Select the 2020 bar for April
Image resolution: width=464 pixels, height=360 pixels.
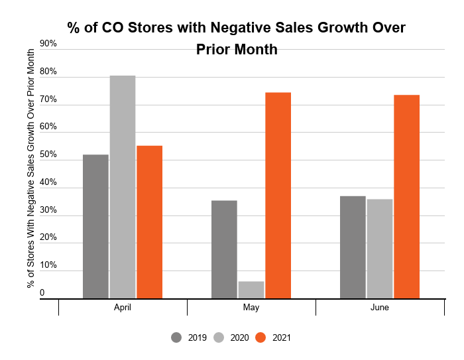pyautogui.click(x=123, y=187)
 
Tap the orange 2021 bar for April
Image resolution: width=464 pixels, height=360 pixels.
pyautogui.click(x=149, y=222)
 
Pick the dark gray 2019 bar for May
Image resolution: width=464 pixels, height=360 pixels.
pyautogui.click(x=224, y=249)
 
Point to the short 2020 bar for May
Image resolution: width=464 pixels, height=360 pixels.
pyautogui.click(x=251, y=290)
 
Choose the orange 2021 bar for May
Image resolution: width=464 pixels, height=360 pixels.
pyautogui.click(x=278, y=196)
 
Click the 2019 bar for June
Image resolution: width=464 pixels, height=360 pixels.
pyautogui.click(x=353, y=247)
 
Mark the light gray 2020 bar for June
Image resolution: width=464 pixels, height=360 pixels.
pyautogui.click(x=380, y=249)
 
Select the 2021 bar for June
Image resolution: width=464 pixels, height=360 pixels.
pyautogui.click(x=406, y=197)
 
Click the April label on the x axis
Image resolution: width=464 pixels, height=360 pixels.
pyautogui.click(x=123, y=308)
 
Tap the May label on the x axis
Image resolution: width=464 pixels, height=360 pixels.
pyautogui.click(x=251, y=308)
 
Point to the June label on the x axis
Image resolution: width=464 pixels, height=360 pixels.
pyautogui.click(x=380, y=308)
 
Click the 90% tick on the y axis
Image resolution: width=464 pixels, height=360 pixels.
pyautogui.click(x=48, y=44)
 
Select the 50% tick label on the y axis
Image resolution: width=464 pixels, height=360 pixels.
pyautogui.click(x=48, y=154)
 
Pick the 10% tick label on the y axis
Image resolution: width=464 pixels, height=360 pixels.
pyautogui.click(x=48, y=265)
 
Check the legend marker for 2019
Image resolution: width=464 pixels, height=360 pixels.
pyautogui.click(x=176, y=337)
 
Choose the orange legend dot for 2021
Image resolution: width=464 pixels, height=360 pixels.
pyautogui.click(x=261, y=337)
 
